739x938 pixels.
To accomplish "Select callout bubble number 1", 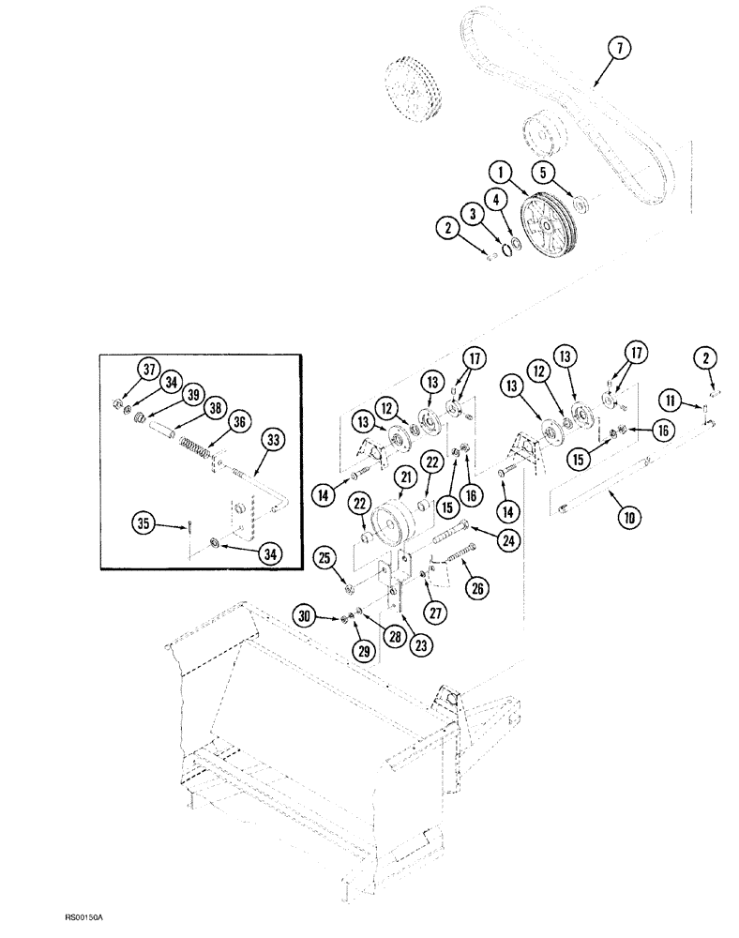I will [x=501, y=171].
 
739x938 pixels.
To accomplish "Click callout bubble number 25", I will [x=324, y=560].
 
